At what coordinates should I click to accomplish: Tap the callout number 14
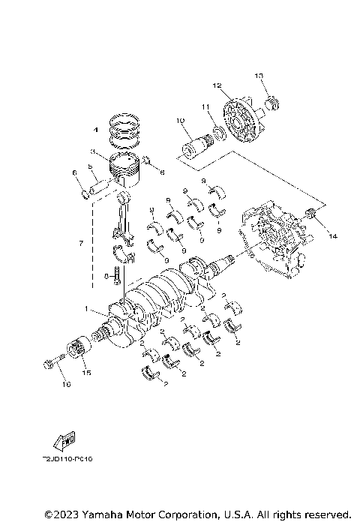pyautogui.click(x=332, y=236)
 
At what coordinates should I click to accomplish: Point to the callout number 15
pyautogui.click(x=86, y=373)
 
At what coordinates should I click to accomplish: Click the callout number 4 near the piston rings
pyautogui.click(x=95, y=130)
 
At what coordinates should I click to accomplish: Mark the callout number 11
pyautogui.click(x=203, y=108)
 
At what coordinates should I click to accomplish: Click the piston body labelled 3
pyautogui.click(x=124, y=171)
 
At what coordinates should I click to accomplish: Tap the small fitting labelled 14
pyautogui.click(x=313, y=217)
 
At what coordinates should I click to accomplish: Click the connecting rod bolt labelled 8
pyautogui.click(x=117, y=275)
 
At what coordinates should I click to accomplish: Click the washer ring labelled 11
pyautogui.click(x=217, y=133)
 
